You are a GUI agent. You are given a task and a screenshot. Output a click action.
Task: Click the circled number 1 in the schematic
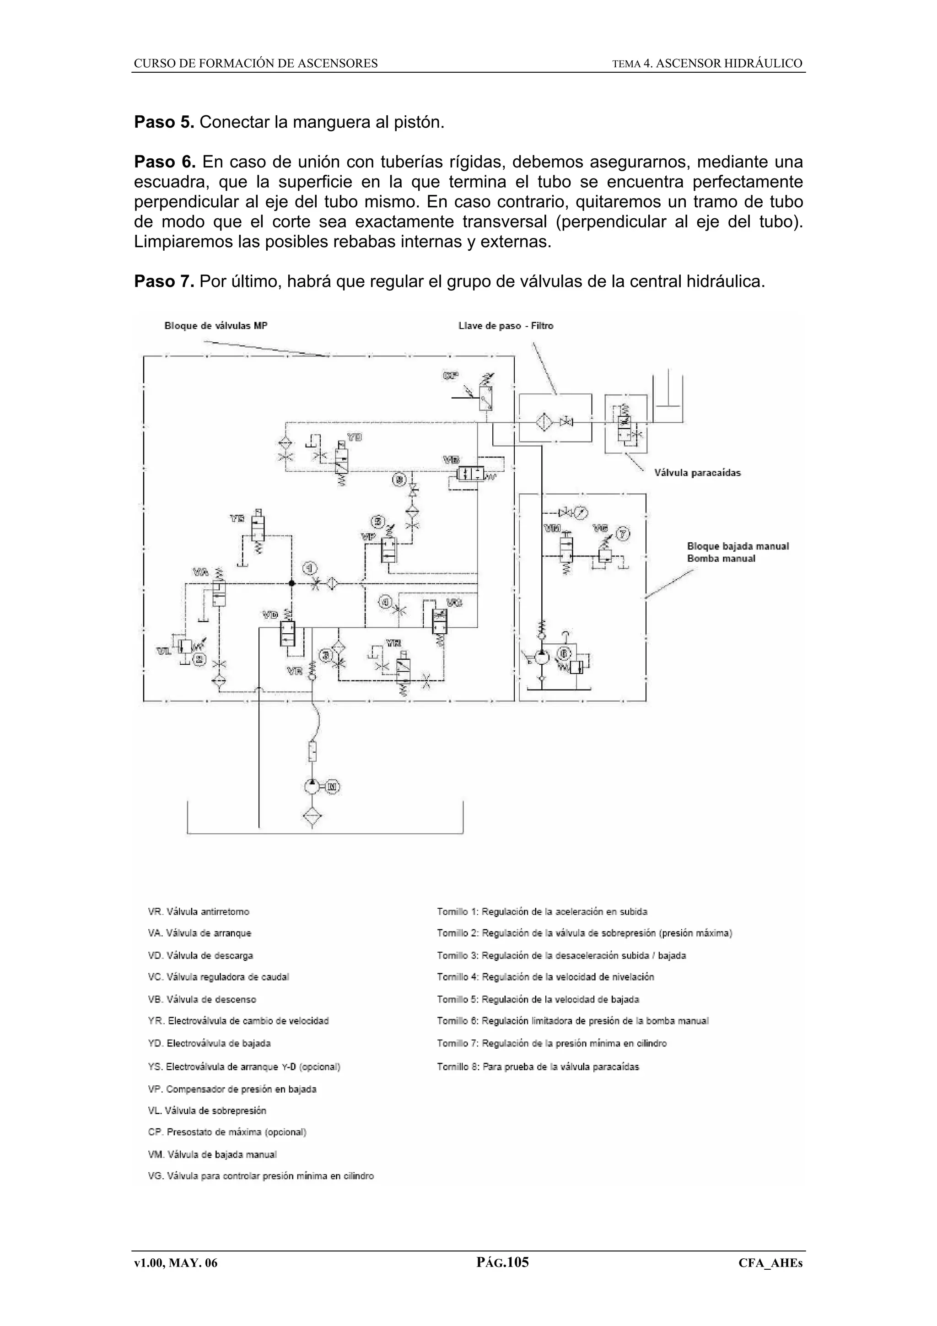click(311, 568)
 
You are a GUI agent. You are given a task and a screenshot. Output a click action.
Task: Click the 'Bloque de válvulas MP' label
click(216, 326)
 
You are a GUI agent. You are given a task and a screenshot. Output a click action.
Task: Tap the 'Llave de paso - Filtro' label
click(505, 326)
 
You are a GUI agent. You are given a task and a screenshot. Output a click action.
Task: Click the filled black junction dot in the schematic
click(292, 583)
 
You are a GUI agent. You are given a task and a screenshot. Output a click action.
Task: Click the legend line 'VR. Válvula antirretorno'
click(199, 911)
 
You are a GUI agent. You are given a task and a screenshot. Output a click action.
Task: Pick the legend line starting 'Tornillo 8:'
click(538, 1067)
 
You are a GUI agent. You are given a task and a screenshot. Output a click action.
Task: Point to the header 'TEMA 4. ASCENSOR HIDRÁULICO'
click(707, 64)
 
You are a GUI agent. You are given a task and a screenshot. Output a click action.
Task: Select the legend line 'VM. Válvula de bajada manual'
click(212, 1154)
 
